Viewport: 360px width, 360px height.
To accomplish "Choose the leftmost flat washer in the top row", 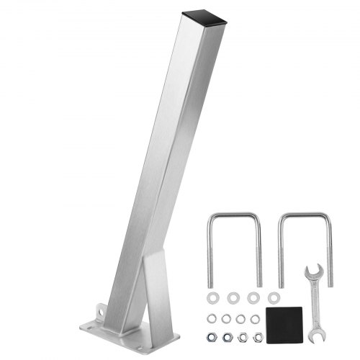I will [x=212, y=297].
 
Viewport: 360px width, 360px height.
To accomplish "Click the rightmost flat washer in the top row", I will [x=274, y=297].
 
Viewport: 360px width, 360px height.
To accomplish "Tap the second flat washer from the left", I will [x=233, y=297].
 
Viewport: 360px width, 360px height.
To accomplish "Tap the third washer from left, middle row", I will [x=241, y=318].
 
